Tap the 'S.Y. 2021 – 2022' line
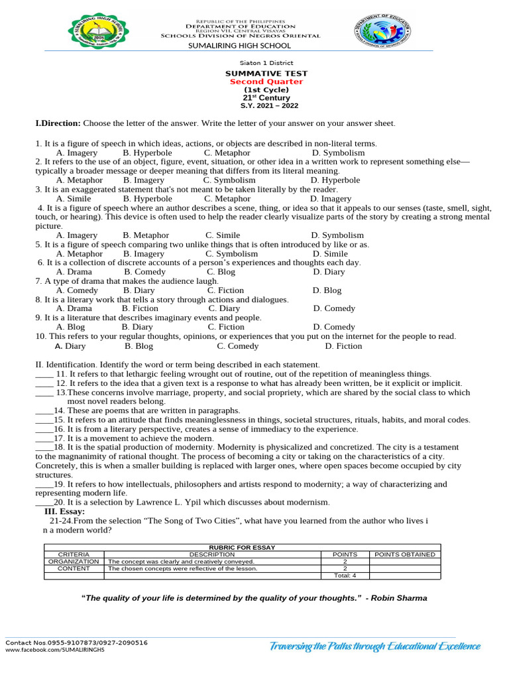pyautogui.click(x=269, y=106)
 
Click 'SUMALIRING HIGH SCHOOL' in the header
pyautogui.click(x=240, y=46)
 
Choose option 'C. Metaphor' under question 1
pyautogui.click(x=227, y=153)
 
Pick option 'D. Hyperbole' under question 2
pyautogui.click(x=335, y=180)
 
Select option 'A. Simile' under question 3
pyautogui.click(x=74, y=198)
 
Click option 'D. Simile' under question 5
pyautogui.click(x=330, y=253)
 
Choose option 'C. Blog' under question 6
pyautogui.click(x=221, y=272)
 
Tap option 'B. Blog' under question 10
pyautogui.click(x=139, y=345)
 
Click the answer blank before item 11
pyautogui.click(x=44, y=374)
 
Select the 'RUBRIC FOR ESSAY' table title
pyautogui.click(x=242, y=547)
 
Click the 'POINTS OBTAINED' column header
pyautogui.click(x=405, y=554)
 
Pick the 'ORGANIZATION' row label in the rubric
pyautogui.click(x=74, y=561)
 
